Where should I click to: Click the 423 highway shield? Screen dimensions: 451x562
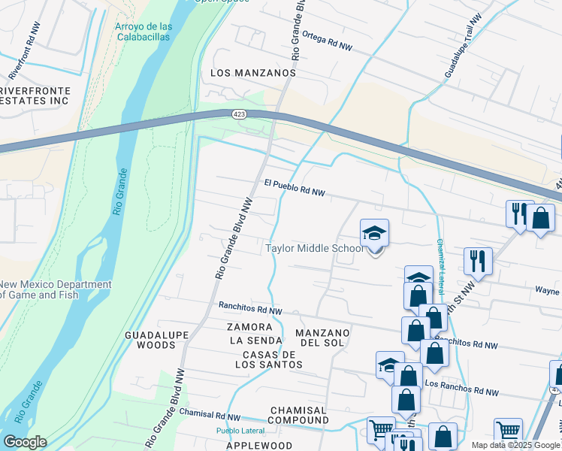[x=238, y=114]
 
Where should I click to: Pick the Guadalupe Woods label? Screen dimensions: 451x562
[x=150, y=339]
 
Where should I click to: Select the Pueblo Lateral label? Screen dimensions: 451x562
[x=241, y=431]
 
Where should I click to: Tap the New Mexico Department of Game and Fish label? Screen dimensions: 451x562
[x=56, y=289]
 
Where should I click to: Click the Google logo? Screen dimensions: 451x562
[x=25, y=442]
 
